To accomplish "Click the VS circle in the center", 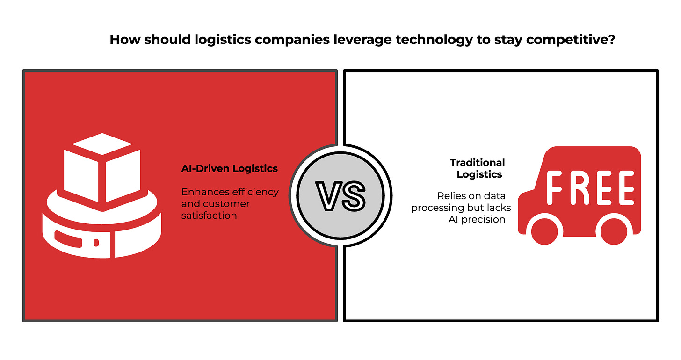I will click(340, 195).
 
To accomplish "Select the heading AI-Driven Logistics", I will click(230, 169).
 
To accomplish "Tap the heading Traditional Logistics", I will click(477, 168).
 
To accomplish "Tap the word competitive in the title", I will click(568, 40).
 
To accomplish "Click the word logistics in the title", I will click(222, 40).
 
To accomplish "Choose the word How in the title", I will click(125, 40).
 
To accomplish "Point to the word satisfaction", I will click(209, 216).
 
